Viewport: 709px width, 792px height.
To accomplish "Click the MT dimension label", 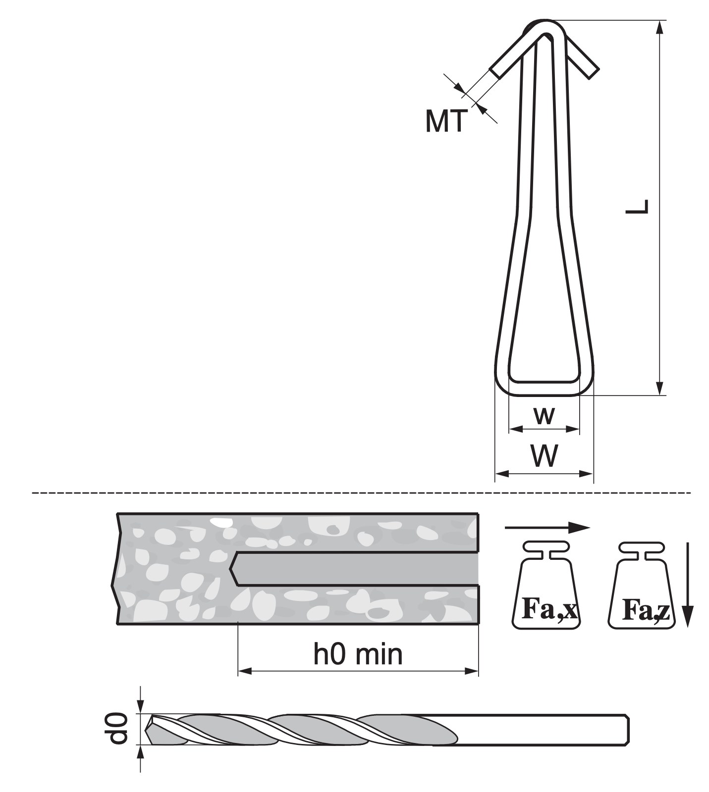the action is pyautogui.click(x=446, y=121).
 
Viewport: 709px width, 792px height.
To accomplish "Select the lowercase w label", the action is pyautogui.click(x=544, y=416).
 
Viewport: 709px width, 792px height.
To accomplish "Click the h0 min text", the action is pyautogui.click(x=358, y=654).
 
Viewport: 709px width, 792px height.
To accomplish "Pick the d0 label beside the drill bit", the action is pyautogui.click(x=118, y=728).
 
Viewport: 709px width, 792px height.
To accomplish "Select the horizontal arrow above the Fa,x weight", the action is pyautogui.click(x=547, y=527).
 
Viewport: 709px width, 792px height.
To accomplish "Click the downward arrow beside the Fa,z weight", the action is pyautogui.click(x=687, y=585).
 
